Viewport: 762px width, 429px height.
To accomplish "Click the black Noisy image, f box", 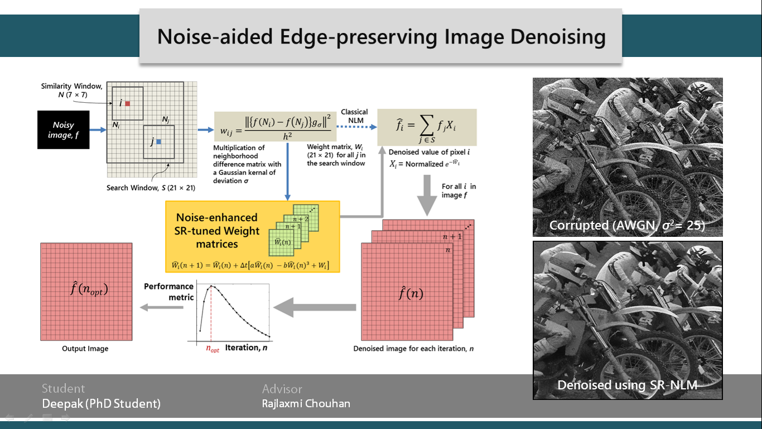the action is click(x=63, y=130).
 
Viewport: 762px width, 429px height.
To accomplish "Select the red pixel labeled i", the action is click(x=128, y=103).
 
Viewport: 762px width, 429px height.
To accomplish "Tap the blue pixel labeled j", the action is click(x=158, y=142).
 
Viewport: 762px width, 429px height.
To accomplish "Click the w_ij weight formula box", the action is click(x=275, y=126).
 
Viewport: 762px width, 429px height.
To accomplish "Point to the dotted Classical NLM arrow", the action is click(x=356, y=127).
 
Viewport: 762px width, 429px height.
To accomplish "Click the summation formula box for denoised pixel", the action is click(x=427, y=127).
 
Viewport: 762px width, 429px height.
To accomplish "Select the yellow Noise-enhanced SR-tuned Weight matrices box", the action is click(x=252, y=236).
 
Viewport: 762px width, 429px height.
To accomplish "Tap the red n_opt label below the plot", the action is click(x=213, y=349).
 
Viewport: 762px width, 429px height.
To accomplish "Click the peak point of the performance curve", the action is click(x=211, y=286).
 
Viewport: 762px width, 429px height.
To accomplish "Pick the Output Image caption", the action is click(x=85, y=349).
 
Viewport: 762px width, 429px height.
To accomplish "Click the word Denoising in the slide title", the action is click(x=558, y=37).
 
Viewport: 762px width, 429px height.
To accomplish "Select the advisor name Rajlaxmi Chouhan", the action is click(x=306, y=403).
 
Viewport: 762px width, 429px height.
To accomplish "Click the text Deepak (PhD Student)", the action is click(x=101, y=403).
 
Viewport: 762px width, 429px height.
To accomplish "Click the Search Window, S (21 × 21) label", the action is click(x=151, y=188).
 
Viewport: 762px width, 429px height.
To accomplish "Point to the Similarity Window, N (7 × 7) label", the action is click(x=72, y=90).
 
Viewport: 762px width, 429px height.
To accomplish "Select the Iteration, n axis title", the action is click(x=246, y=347).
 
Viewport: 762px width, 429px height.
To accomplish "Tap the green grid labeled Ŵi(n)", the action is click(x=281, y=242).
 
